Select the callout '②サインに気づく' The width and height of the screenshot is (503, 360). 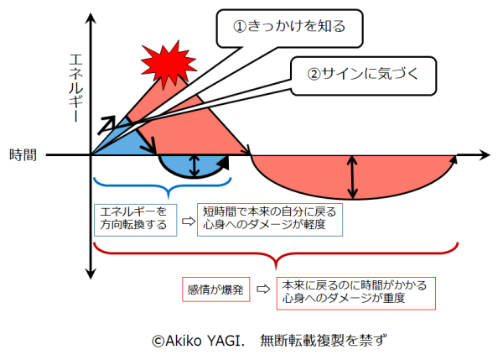coord(362,73)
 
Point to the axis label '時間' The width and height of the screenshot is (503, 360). coord(23,154)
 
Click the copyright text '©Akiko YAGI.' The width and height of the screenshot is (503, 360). coord(198,340)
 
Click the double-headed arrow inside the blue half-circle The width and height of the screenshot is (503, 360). coord(195,165)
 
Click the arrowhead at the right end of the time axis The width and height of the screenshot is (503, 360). coord(483,154)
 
